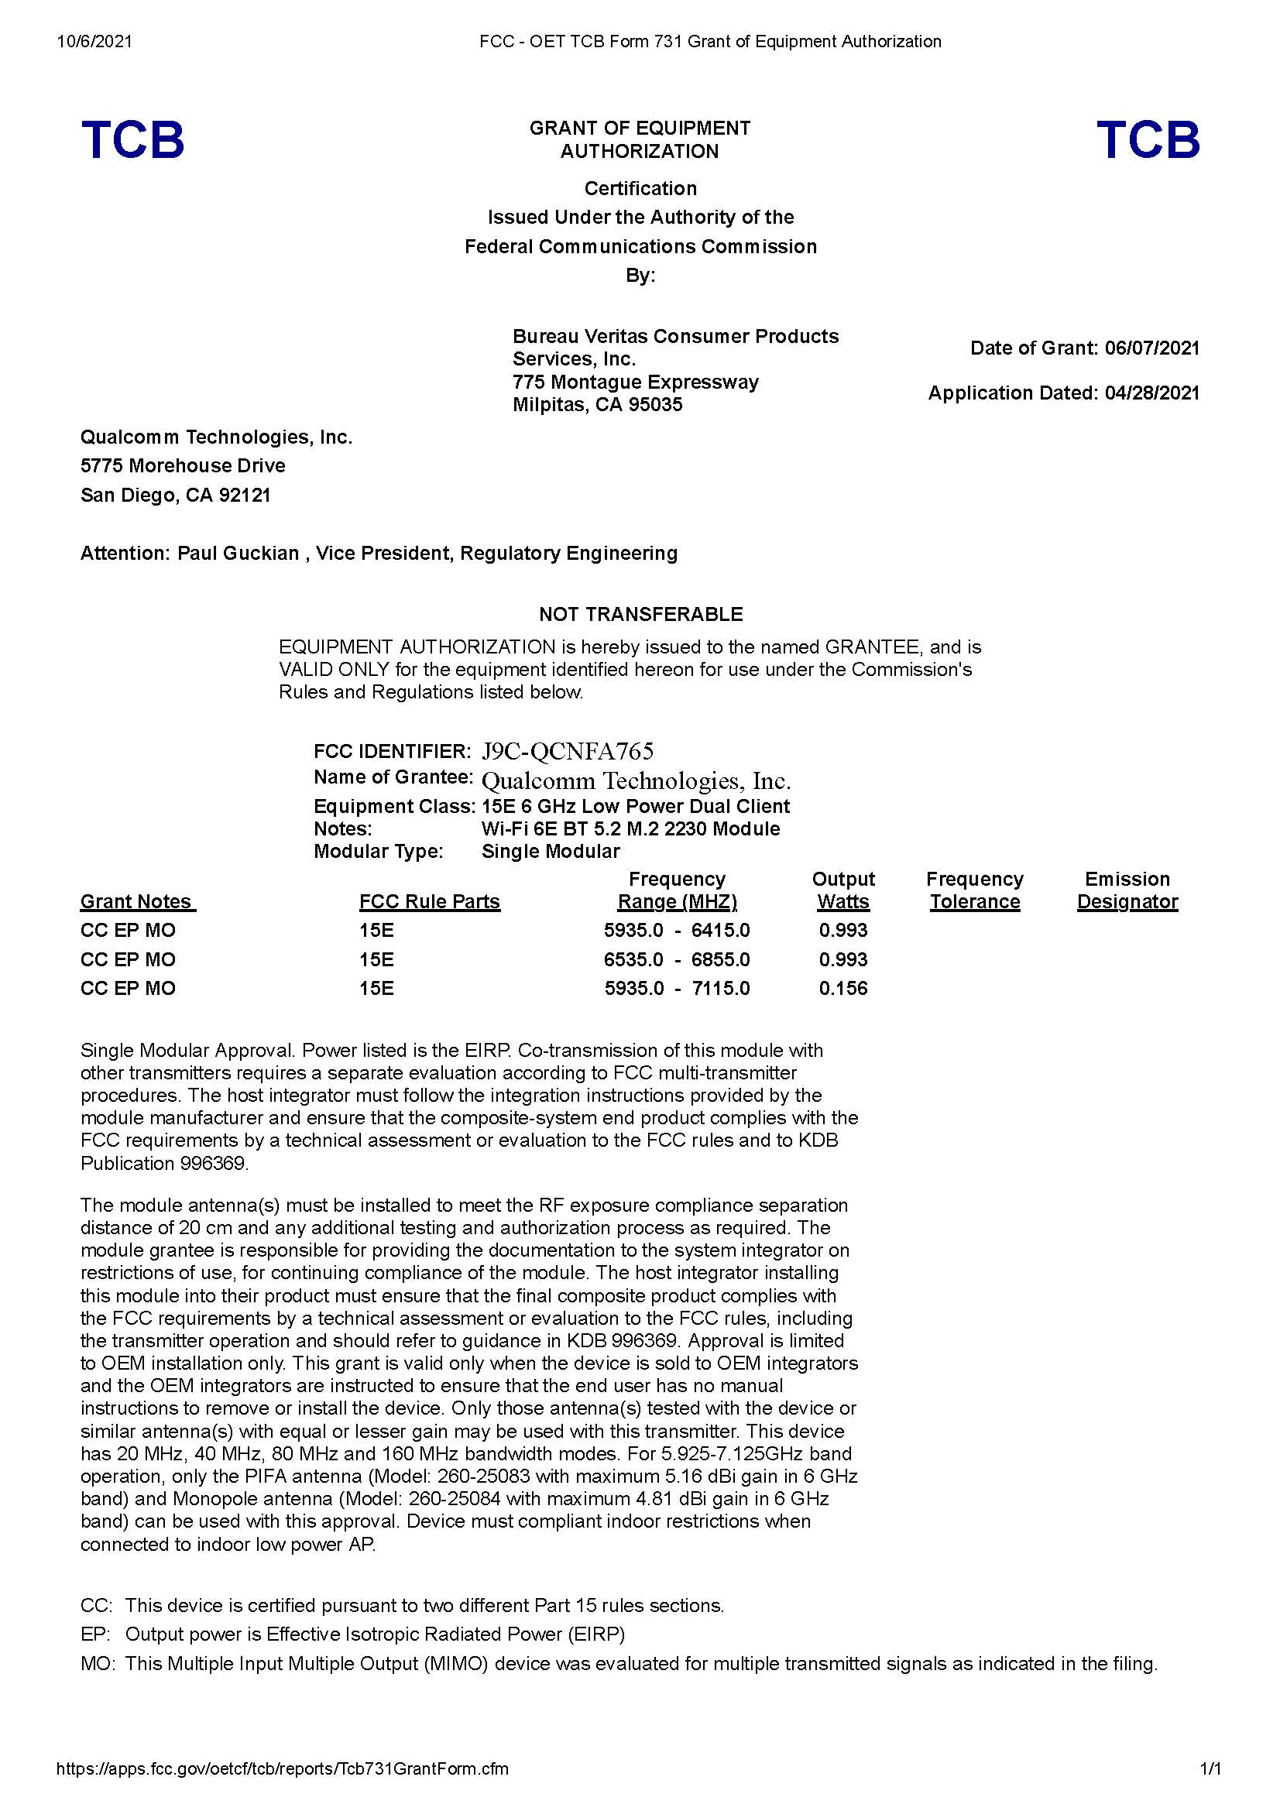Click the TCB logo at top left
[x=132, y=139]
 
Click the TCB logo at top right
[x=1148, y=139]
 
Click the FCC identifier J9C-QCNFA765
[x=567, y=750]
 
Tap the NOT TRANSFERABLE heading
[x=640, y=614]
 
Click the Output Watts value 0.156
[x=842, y=988]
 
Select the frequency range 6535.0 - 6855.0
[x=677, y=959]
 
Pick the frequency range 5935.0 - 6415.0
[x=677, y=930]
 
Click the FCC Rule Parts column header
[x=429, y=901]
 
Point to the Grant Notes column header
[x=136, y=901]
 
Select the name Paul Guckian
[x=238, y=553]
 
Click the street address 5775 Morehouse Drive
[x=183, y=465]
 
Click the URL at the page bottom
[x=283, y=1791]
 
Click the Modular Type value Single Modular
[x=551, y=851]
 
